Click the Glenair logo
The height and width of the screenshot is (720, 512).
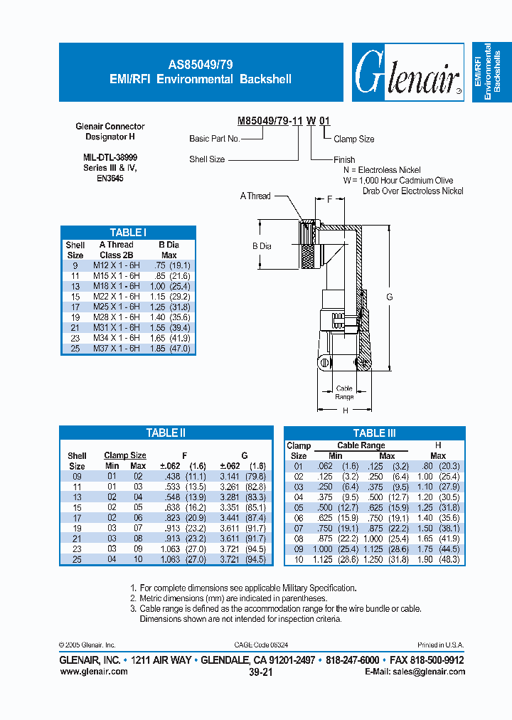(407, 73)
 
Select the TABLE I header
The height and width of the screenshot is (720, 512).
(128, 233)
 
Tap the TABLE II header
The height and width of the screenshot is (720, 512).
(166, 433)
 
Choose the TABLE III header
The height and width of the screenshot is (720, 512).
(374, 433)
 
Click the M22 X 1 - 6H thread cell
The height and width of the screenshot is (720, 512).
(116, 296)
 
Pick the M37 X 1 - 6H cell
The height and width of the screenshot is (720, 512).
(116, 349)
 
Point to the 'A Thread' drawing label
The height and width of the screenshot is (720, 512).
(255, 196)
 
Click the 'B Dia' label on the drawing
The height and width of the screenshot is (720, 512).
(262, 246)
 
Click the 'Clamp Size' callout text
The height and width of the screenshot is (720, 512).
(354, 139)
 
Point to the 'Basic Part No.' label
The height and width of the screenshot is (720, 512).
(214, 139)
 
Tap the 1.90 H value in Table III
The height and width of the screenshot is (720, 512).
(425, 560)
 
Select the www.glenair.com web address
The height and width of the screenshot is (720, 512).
(93, 672)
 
